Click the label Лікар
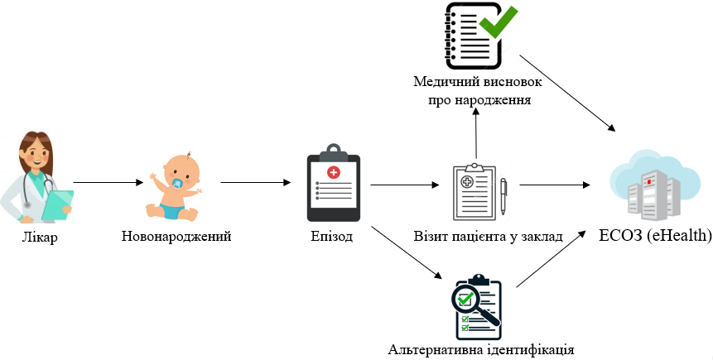(x=40, y=238)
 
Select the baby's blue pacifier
(x=177, y=183)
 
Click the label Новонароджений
(x=176, y=237)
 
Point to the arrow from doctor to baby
(x=108, y=183)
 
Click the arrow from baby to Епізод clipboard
(x=256, y=183)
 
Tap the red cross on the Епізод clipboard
(x=334, y=172)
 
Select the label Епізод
(x=332, y=237)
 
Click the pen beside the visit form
(x=503, y=196)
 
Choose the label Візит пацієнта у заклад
(x=489, y=237)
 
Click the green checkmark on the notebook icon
(x=499, y=21)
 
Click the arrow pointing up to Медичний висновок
(x=476, y=132)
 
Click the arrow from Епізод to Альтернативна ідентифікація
(x=407, y=252)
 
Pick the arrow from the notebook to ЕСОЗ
(x=567, y=94)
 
